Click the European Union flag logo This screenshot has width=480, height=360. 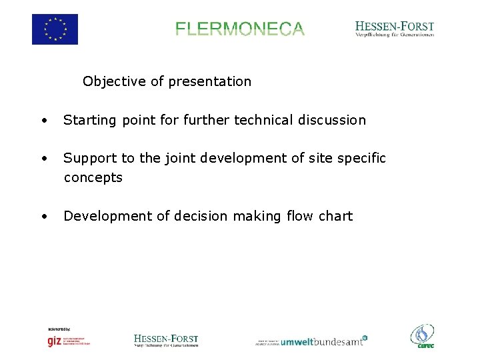coord(55,29)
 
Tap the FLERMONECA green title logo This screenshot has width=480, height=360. coord(240,29)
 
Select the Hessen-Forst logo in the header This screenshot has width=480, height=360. coord(395,29)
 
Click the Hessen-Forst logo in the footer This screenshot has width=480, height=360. coord(166,341)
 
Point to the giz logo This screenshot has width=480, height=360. coord(68,339)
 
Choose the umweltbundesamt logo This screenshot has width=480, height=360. coord(312,341)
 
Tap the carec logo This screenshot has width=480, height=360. coord(422,336)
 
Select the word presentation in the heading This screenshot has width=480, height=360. coord(210,81)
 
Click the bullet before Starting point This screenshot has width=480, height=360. coord(43,121)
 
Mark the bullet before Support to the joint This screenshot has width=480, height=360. coord(43,159)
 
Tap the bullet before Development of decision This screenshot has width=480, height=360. coord(43,216)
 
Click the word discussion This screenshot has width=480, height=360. coord(334,120)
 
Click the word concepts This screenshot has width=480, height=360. coord(93,178)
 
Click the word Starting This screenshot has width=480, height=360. coord(89,121)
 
